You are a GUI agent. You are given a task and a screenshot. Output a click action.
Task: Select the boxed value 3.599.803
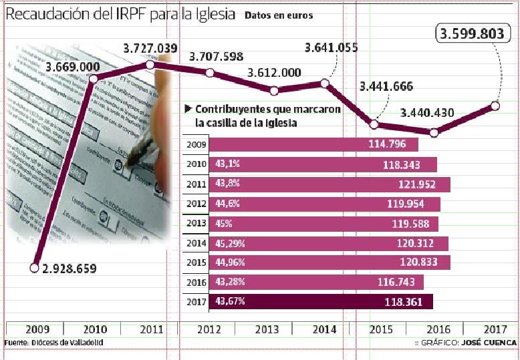pyautogui.click(x=470, y=35)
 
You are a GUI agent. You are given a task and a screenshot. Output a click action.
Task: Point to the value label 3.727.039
pyautogui.click(x=150, y=48)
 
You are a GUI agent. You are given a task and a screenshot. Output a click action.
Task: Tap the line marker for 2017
pyautogui.click(x=495, y=106)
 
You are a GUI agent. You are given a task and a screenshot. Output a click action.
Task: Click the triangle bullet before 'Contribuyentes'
pyautogui.click(x=188, y=109)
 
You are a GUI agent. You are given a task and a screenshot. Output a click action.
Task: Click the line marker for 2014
pyautogui.click(x=325, y=83)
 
